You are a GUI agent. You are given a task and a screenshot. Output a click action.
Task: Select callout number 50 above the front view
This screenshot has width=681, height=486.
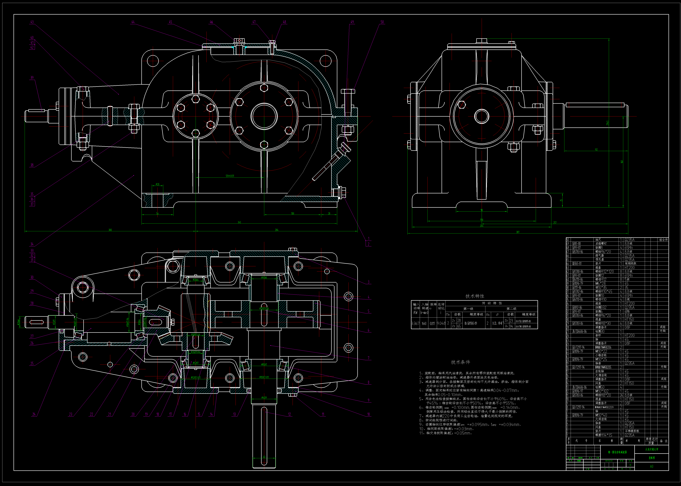382,22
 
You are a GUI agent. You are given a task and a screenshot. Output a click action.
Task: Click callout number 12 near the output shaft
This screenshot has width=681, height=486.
289,414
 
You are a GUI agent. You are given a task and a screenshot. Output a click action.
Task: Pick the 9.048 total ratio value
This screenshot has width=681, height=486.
441,323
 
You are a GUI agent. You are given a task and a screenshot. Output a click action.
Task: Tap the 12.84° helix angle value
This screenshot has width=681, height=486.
497,323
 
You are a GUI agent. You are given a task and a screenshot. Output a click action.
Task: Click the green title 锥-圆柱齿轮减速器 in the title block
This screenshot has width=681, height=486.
617,452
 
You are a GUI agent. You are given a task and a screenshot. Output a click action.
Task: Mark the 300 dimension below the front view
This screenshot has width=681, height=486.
110,230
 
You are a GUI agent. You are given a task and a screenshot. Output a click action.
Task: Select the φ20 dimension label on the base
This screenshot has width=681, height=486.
157,184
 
